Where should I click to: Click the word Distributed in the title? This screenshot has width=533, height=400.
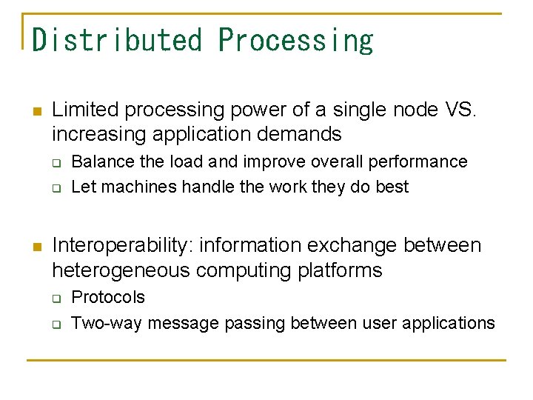tap(117, 39)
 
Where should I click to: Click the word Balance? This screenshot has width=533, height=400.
tap(99, 161)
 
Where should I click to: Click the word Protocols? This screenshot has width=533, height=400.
tap(108, 297)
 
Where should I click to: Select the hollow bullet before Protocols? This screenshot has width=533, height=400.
tap(56, 299)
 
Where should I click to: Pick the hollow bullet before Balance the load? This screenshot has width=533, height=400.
tap(56, 163)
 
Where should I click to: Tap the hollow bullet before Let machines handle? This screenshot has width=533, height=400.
tap(56, 188)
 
